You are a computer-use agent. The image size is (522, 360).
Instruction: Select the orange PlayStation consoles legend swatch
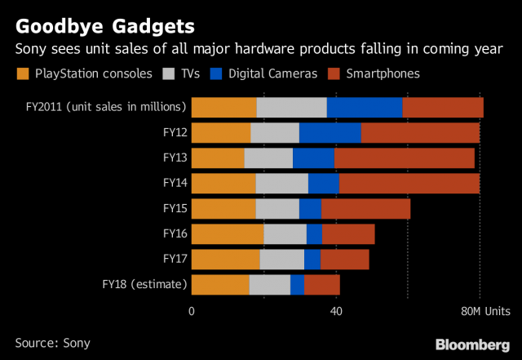click(x=22, y=74)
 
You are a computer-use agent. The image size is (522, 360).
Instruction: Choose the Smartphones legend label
click(x=383, y=73)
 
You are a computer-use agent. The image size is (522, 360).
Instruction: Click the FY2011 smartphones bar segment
click(x=443, y=107)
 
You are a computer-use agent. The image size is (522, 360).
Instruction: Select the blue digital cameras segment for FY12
click(x=330, y=133)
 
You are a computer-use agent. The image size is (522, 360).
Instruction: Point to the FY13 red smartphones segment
click(x=404, y=158)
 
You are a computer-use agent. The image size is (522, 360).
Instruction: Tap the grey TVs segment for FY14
click(x=281, y=184)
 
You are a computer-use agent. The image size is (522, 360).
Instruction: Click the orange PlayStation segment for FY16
click(x=227, y=234)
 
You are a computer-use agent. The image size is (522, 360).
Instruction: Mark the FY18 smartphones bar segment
click(x=321, y=285)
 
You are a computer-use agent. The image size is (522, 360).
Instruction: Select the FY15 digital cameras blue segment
click(x=310, y=209)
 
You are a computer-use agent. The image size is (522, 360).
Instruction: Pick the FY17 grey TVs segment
click(x=281, y=260)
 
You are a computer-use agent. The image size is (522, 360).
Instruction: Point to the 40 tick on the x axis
click(x=335, y=311)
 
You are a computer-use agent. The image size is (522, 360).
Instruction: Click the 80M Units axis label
click(x=486, y=311)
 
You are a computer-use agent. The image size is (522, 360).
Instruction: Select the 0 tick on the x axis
click(x=192, y=311)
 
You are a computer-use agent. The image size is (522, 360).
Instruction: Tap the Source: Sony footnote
click(x=53, y=343)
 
